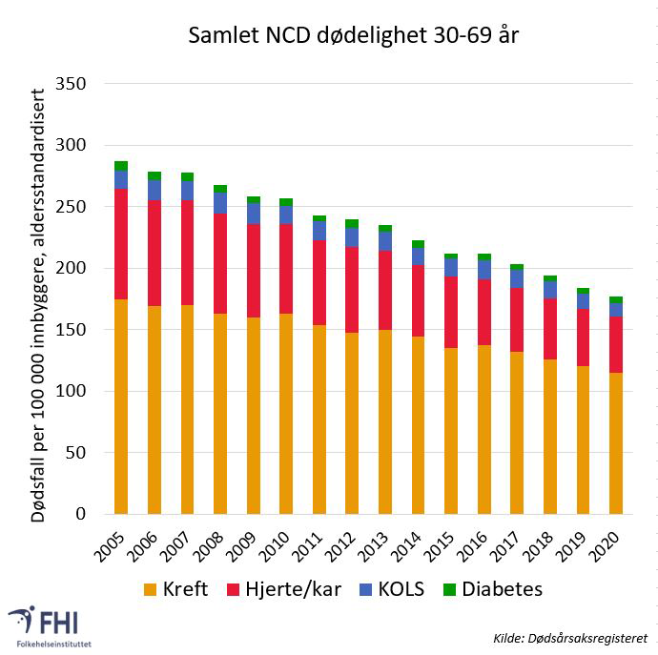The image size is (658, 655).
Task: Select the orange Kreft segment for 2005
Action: click(x=121, y=407)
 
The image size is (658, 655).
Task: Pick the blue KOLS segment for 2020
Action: click(x=617, y=310)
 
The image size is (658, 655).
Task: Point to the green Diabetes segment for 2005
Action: click(x=121, y=166)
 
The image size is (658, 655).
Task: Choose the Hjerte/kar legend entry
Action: click(x=285, y=588)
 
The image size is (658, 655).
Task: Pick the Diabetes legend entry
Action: click(x=492, y=588)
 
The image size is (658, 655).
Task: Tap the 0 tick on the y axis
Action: click(x=81, y=514)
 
